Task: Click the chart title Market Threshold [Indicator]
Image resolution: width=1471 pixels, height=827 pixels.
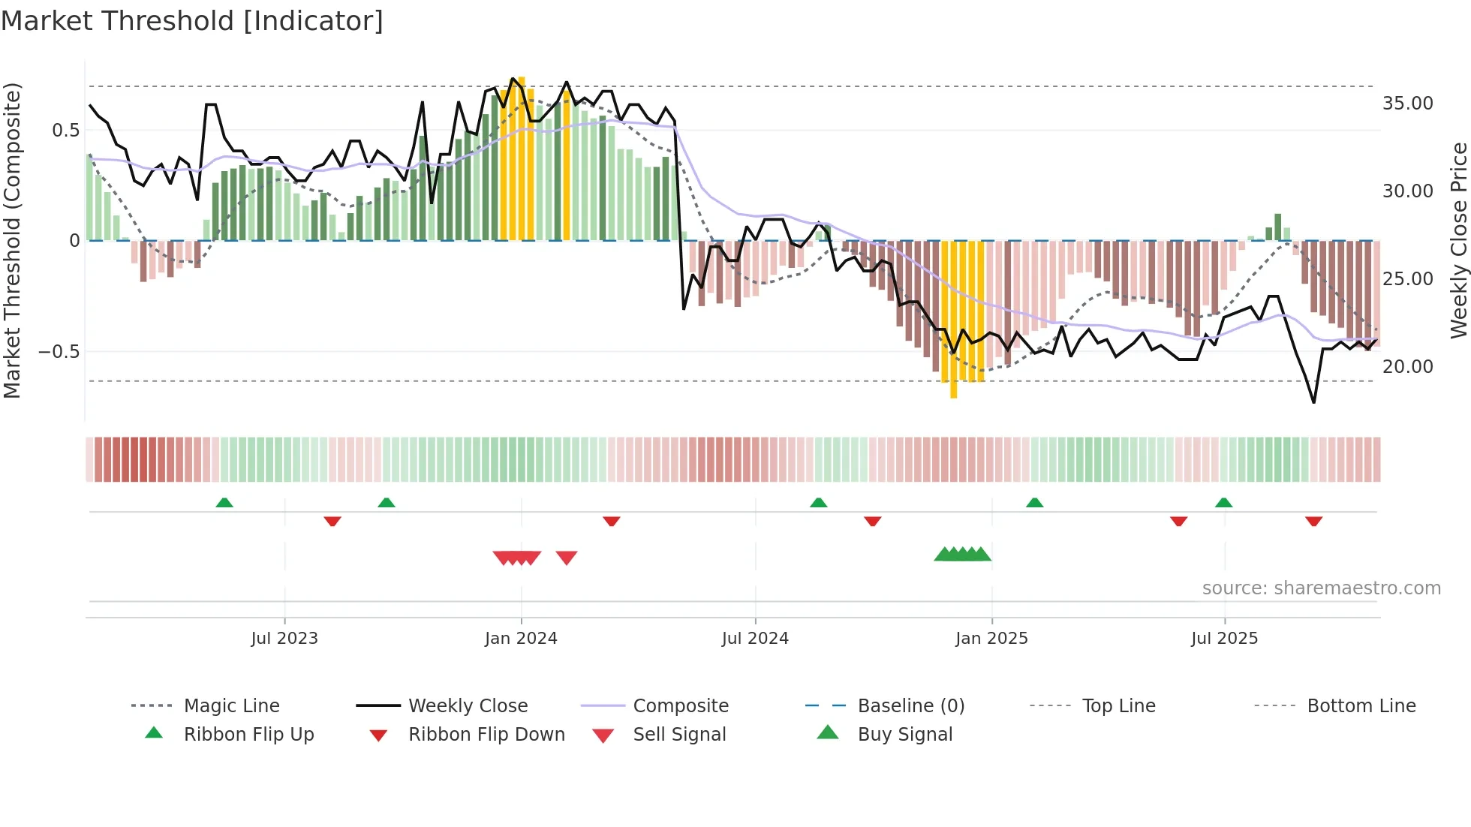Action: (192, 21)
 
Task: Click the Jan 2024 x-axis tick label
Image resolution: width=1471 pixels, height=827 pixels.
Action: (521, 639)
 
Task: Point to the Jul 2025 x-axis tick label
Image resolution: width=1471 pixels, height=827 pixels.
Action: (1224, 639)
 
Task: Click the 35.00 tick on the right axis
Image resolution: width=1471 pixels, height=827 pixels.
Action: (1407, 104)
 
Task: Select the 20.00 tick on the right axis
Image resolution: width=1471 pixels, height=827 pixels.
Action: (1407, 367)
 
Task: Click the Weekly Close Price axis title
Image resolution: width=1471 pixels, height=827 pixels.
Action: (1457, 240)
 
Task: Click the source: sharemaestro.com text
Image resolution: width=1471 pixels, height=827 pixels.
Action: (1321, 588)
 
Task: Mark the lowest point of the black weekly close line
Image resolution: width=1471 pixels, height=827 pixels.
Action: (1313, 402)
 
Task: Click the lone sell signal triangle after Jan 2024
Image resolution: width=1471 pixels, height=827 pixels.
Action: (567, 558)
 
